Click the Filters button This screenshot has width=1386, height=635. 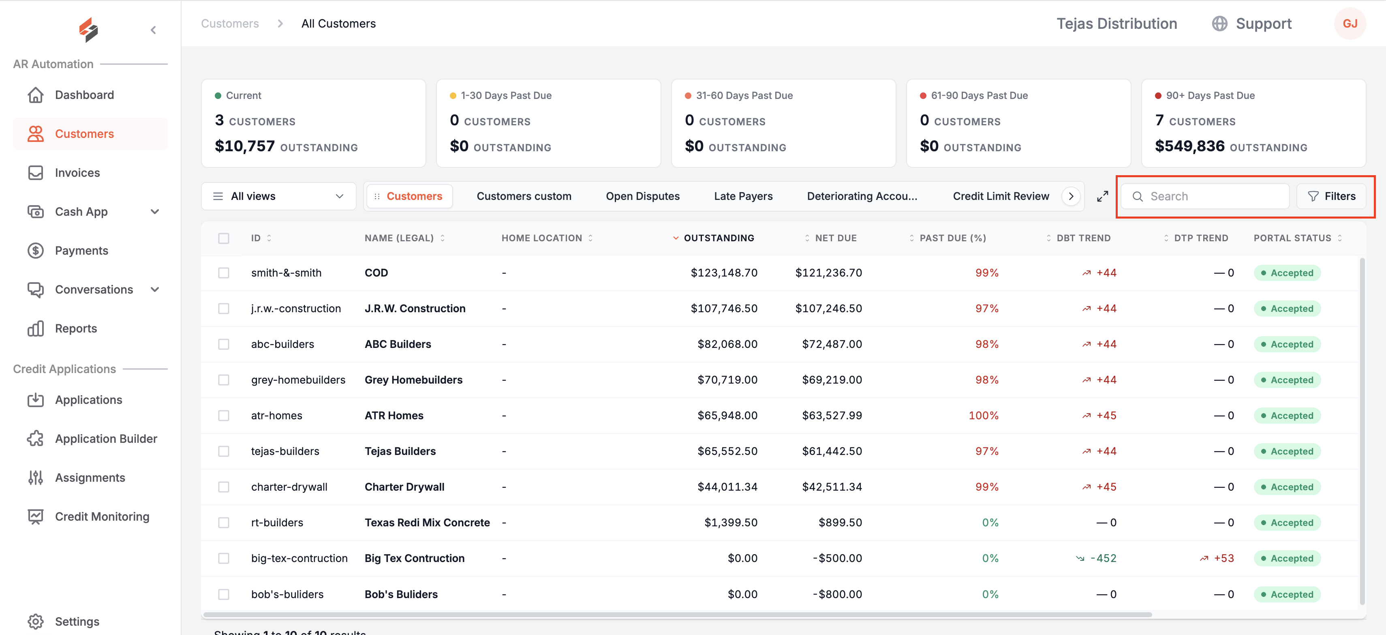tap(1331, 196)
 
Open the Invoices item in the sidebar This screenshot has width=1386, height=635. tap(77, 173)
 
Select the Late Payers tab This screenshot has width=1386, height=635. tap(743, 196)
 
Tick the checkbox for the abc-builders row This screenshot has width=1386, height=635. tap(224, 344)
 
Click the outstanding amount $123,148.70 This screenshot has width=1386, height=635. tap(724, 273)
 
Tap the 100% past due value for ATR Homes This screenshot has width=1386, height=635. tap(983, 416)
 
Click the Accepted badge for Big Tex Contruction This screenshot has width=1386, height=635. tap(1287, 559)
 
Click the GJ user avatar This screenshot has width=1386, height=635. tap(1350, 24)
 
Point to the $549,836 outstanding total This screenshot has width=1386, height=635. tap(1189, 146)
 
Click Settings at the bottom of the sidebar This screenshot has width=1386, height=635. tap(77, 622)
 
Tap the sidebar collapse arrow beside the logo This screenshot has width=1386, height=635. tap(153, 30)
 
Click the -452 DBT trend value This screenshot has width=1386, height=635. tap(1103, 559)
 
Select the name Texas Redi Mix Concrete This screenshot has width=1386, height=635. tap(427, 523)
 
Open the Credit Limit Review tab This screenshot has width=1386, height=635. tap(1001, 196)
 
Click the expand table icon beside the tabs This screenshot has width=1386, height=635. tap(1102, 196)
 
